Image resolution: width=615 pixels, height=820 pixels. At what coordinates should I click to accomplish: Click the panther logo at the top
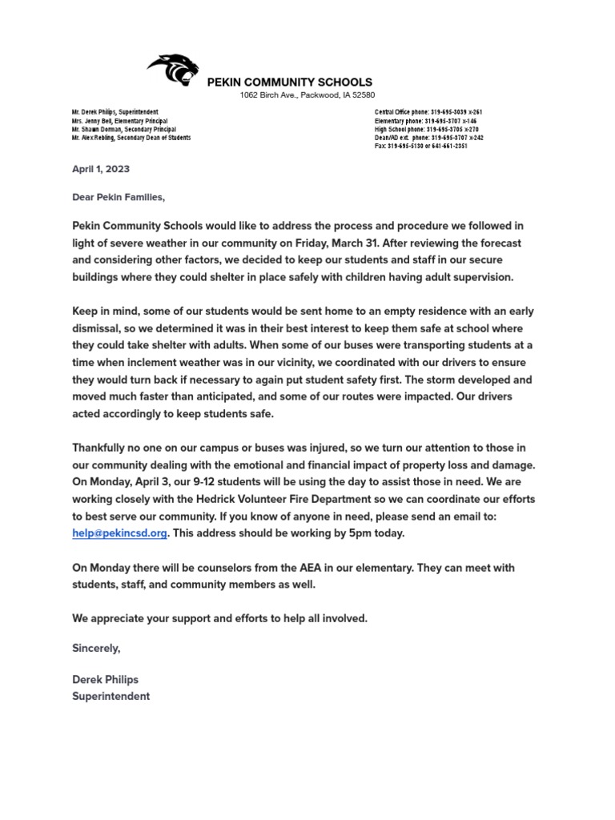(x=172, y=70)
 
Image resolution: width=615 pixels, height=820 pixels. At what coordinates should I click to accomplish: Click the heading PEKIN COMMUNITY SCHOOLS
(x=289, y=82)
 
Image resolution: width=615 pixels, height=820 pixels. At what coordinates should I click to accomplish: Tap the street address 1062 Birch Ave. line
(x=307, y=95)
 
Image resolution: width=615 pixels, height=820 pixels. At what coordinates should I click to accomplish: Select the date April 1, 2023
(x=101, y=169)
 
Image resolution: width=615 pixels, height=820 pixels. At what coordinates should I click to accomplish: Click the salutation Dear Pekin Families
(x=119, y=196)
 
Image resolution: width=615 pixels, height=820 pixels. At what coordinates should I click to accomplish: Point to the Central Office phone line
(x=428, y=111)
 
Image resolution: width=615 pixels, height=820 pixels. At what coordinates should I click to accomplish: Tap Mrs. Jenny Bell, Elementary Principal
(x=123, y=120)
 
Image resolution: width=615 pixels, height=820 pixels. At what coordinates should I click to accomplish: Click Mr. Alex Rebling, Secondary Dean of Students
(x=131, y=138)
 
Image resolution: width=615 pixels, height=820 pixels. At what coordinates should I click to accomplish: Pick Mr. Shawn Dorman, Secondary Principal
(x=123, y=129)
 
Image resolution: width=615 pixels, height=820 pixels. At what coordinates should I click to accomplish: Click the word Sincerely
(x=96, y=648)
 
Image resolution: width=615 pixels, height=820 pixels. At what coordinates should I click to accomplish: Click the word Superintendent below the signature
(x=111, y=696)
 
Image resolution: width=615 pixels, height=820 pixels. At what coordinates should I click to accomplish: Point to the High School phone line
(x=426, y=129)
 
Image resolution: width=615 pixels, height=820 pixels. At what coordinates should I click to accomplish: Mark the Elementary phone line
(x=426, y=120)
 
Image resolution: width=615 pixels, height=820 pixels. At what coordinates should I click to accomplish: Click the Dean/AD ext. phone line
(x=428, y=138)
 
